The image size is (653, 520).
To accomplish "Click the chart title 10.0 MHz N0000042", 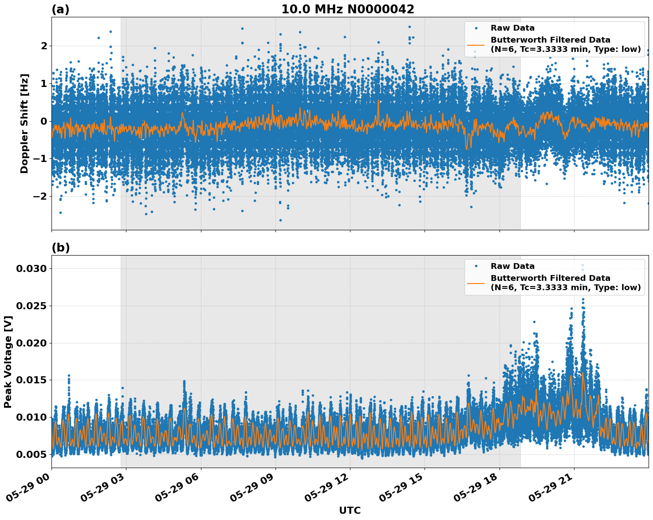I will pyautogui.click(x=347, y=9).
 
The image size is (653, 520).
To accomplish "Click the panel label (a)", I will pyautogui.click(x=60, y=9).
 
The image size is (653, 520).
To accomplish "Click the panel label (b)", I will pyautogui.click(x=60, y=248).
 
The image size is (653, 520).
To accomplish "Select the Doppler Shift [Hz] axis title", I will pyautogui.click(x=24, y=123).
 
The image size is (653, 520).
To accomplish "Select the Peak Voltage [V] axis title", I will pyautogui.click(x=8, y=362).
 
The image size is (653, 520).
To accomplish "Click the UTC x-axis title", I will pyautogui.click(x=350, y=510).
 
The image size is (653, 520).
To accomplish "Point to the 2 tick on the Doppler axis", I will pyautogui.click(x=44, y=46).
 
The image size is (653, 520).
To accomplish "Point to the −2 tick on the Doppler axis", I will pyautogui.click(x=40, y=196).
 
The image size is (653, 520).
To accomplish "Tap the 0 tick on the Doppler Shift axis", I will pyautogui.click(x=44, y=121).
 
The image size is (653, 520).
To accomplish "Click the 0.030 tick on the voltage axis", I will pyautogui.click(x=31, y=269).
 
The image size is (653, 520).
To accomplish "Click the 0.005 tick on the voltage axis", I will pyautogui.click(x=31, y=454).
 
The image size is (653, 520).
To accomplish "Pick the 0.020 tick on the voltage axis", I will pyautogui.click(x=31, y=343).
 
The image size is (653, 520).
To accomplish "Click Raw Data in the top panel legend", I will pyautogui.click(x=512, y=28).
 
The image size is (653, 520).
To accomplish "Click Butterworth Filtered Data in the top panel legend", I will pyautogui.click(x=550, y=40).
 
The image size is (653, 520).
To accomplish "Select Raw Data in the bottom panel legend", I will pyautogui.click(x=512, y=266).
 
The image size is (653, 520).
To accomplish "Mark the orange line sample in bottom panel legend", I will pyautogui.click(x=476, y=283).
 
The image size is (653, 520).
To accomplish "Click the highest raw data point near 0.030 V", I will pyautogui.click(x=582, y=265).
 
